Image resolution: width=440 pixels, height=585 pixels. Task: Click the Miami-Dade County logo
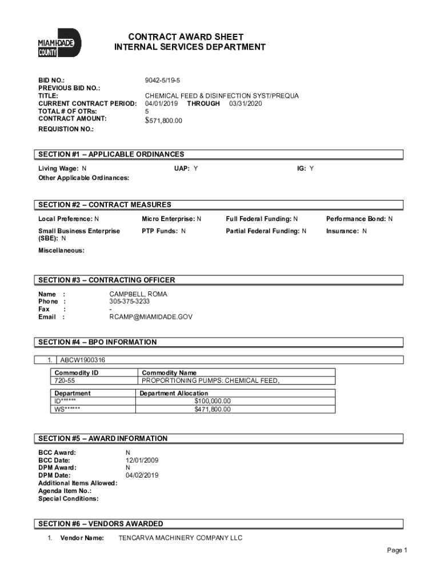click(x=59, y=43)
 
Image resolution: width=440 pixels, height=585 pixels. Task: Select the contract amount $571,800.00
click(x=163, y=120)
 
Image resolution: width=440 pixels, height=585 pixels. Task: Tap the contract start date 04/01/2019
click(x=161, y=103)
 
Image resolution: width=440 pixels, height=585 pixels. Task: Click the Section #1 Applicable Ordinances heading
click(x=111, y=154)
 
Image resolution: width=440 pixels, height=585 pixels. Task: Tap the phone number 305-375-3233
click(x=130, y=301)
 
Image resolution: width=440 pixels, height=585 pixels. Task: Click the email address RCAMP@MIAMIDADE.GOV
click(x=151, y=316)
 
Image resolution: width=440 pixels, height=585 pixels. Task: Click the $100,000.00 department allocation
click(x=213, y=401)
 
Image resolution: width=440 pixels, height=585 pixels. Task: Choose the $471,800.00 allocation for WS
click(x=213, y=409)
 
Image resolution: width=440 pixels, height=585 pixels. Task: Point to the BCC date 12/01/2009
click(x=142, y=460)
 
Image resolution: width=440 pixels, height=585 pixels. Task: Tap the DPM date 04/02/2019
click(x=142, y=475)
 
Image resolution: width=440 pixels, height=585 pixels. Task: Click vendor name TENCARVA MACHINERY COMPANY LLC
click(x=180, y=538)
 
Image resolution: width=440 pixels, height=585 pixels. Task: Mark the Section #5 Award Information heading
click(x=103, y=439)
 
